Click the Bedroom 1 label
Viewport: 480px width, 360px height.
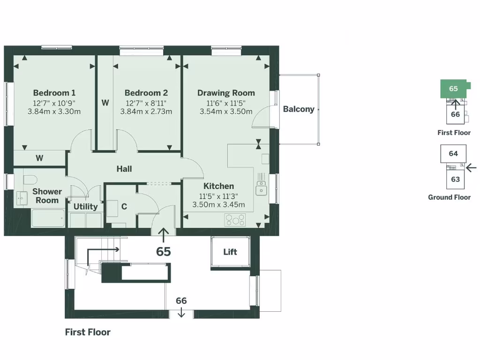pyautogui.click(x=54, y=93)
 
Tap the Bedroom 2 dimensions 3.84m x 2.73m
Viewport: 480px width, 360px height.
pyautogui.click(x=146, y=112)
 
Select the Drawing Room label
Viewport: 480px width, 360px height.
pyautogui.click(x=226, y=93)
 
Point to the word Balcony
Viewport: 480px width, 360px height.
pyautogui.click(x=299, y=109)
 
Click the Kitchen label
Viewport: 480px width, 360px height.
pyautogui.click(x=218, y=186)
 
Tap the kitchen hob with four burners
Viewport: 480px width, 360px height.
pyautogui.click(x=235, y=219)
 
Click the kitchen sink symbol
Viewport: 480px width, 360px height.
pyautogui.click(x=261, y=188)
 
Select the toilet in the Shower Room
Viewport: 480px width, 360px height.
pyautogui.click(x=30, y=180)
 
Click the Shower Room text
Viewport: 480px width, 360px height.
pyautogui.click(x=47, y=196)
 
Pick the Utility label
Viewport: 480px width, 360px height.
pyautogui.click(x=85, y=207)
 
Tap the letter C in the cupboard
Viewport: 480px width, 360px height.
pyautogui.click(x=124, y=207)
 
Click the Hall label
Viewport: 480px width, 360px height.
pyautogui.click(x=124, y=169)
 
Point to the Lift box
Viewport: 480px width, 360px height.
pyautogui.click(x=230, y=252)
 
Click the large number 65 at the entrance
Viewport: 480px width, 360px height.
pyautogui.click(x=163, y=252)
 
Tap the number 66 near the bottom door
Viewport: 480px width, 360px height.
pyautogui.click(x=181, y=301)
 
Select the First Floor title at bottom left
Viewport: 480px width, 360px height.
pyautogui.click(x=88, y=332)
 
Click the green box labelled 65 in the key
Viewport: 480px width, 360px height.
pyautogui.click(x=453, y=89)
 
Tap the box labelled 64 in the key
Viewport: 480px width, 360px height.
pyautogui.click(x=453, y=154)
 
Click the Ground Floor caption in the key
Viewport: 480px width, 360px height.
pyautogui.click(x=449, y=197)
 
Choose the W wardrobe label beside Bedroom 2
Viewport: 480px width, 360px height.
pyautogui.click(x=105, y=103)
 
